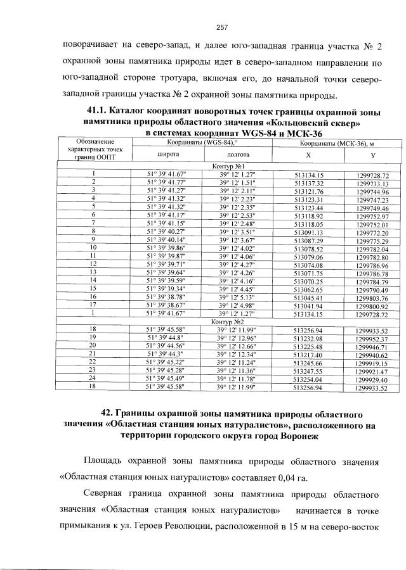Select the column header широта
tap(167, 154)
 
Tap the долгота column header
tap(237, 154)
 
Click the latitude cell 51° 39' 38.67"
tap(167, 305)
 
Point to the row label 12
tap(93, 263)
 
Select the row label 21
tap(93, 354)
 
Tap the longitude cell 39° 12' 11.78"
tap(237, 379)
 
